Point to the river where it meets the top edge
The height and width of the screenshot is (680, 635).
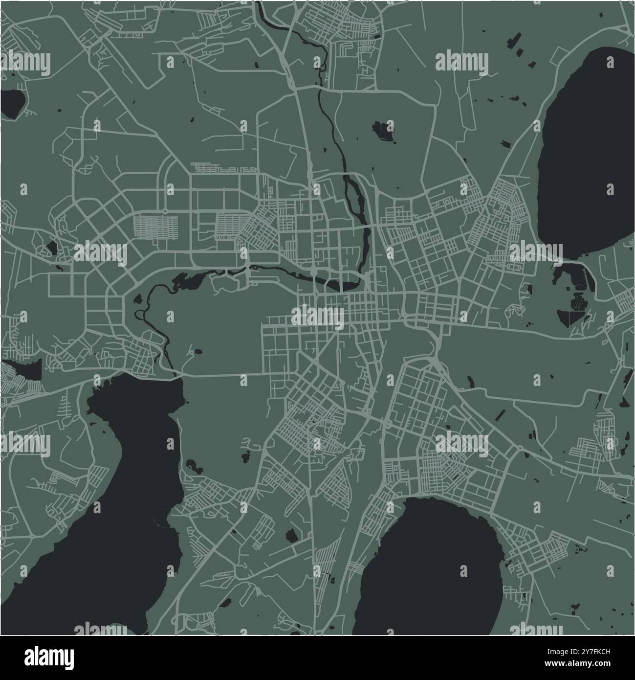pyautogui.click(x=260, y=5)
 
